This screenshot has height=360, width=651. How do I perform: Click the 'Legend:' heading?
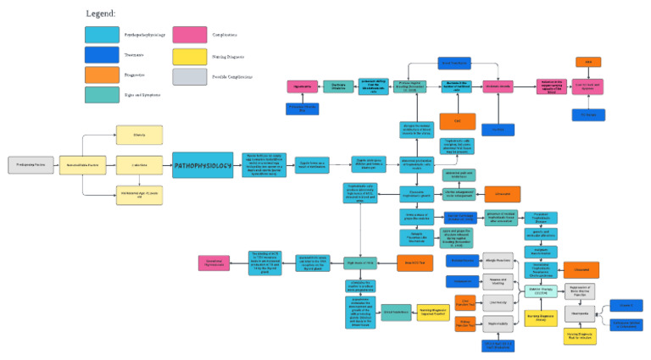[101, 14]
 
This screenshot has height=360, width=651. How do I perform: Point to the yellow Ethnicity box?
[139, 134]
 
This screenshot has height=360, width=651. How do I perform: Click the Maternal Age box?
[139, 196]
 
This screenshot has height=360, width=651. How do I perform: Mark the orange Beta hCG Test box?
[415, 263]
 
